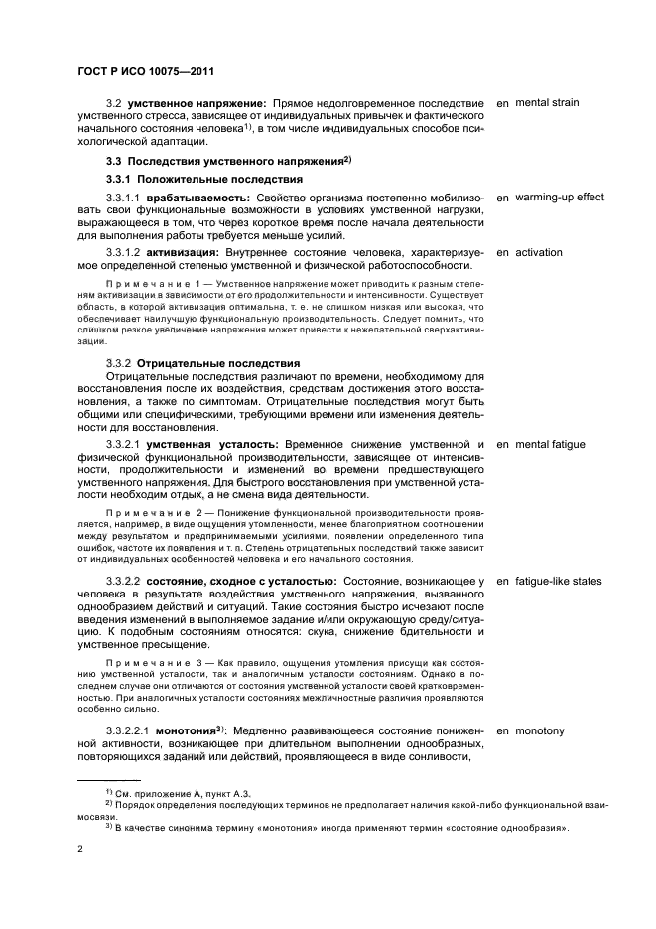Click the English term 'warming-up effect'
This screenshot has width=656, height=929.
coord(560,198)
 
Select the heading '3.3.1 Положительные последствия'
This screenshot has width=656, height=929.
coord(204,179)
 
